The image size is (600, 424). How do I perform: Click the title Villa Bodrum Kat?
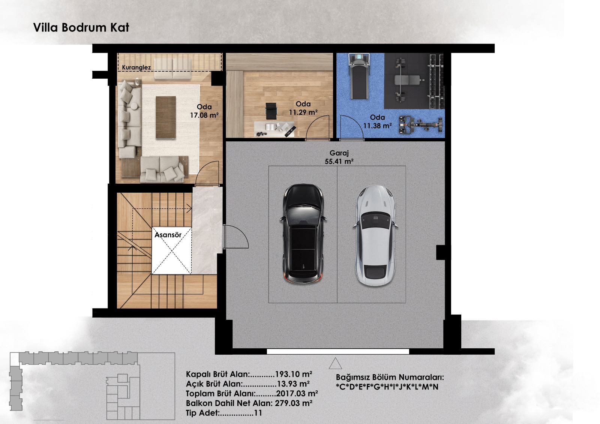tap(81, 28)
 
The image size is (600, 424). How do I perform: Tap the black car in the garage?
tap(303, 234)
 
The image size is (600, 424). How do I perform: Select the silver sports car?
tap(375, 236)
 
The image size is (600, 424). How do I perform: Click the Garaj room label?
tap(339, 153)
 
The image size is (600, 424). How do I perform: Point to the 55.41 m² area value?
tap(339, 162)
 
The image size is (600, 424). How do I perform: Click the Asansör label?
tap(168, 235)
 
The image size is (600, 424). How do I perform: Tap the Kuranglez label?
tap(136, 67)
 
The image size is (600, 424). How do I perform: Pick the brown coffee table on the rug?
tap(166, 117)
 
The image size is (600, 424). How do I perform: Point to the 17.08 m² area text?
tap(204, 115)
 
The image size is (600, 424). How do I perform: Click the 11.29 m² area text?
tap(303, 112)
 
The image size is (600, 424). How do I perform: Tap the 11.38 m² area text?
tap(377, 125)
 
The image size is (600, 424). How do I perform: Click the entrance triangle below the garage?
tap(335, 363)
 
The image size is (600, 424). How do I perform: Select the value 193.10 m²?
tap(294, 374)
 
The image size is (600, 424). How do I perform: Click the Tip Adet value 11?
tap(258, 413)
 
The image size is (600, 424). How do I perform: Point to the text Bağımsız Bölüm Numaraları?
tap(390, 378)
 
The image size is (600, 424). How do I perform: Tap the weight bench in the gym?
tap(409, 80)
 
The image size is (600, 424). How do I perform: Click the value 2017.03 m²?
tap(297, 394)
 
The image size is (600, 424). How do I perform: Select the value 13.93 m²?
tap(293, 384)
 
